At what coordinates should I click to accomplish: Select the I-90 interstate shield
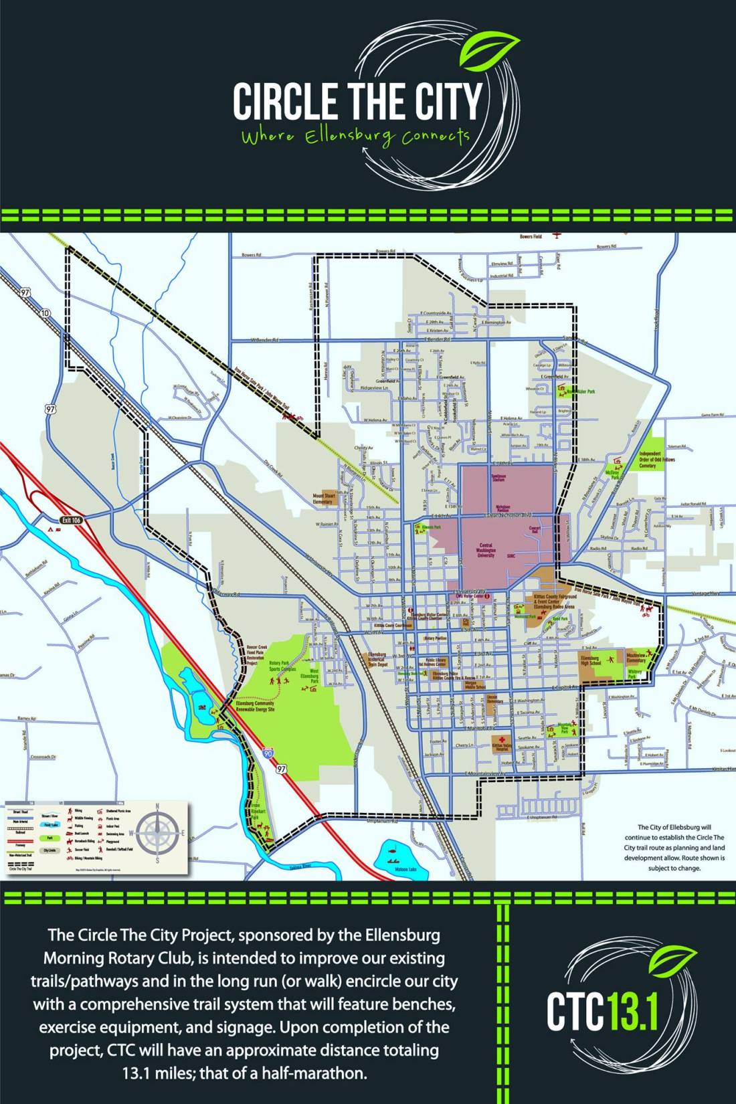tap(268, 754)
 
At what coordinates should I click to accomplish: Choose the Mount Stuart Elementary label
tap(323, 498)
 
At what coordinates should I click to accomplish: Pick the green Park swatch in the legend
tap(49, 837)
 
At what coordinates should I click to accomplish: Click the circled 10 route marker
tap(45, 313)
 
